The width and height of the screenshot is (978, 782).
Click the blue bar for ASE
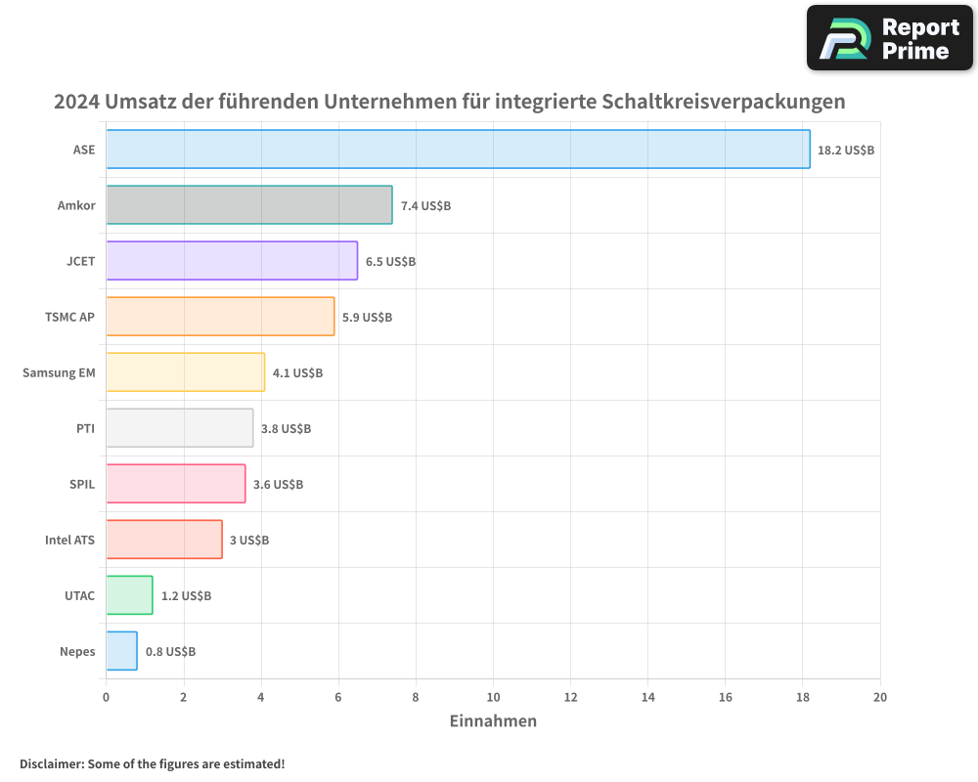pyautogui.click(x=458, y=150)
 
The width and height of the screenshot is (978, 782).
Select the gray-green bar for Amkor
pyautogui.click(x=248, y=205)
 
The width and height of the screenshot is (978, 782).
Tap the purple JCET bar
pyautogui.click(x=232, y=261)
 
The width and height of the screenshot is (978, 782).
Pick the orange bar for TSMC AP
pyautogui.click(x=220, y=317)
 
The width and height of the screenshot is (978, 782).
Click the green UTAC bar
pyautogui.click(x=129, y=595)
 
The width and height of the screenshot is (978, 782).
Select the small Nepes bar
pyautogui.click(x=121, y=651)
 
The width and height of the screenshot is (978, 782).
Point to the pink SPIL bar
pyautogui.click(x=175, y=484)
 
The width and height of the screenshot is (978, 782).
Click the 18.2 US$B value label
pyautogui.click(x=846, y=151)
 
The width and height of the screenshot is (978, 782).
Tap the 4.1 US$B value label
pyautogui.click(x=297, y=373)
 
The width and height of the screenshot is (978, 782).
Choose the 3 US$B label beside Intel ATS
pyautogui.click(x=249, y=541)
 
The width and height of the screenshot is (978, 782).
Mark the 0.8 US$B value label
pyautogui.click(x=170, y=652)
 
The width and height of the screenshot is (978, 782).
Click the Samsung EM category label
pyautogui.click(x=59, y=372)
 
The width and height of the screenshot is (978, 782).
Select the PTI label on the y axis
pyautogui.click(x=85, y=428)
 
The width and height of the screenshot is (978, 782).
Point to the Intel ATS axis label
pyautogui.click(x=69, y=540)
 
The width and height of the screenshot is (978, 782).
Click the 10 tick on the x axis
pyautogui.click(x=493, y=697)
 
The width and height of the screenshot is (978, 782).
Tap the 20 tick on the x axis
pyautogui.click(x=880, y=697)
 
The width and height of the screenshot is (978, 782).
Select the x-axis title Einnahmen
pyautogui.click(x=493, y=721)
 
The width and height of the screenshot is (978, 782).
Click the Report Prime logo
pyautogui.click(x=890, y=38)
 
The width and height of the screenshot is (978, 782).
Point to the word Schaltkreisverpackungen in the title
pyautogui.click(x=724, y=102)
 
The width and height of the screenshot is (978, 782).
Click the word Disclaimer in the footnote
pyautogui.click(x=50, y=763)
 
